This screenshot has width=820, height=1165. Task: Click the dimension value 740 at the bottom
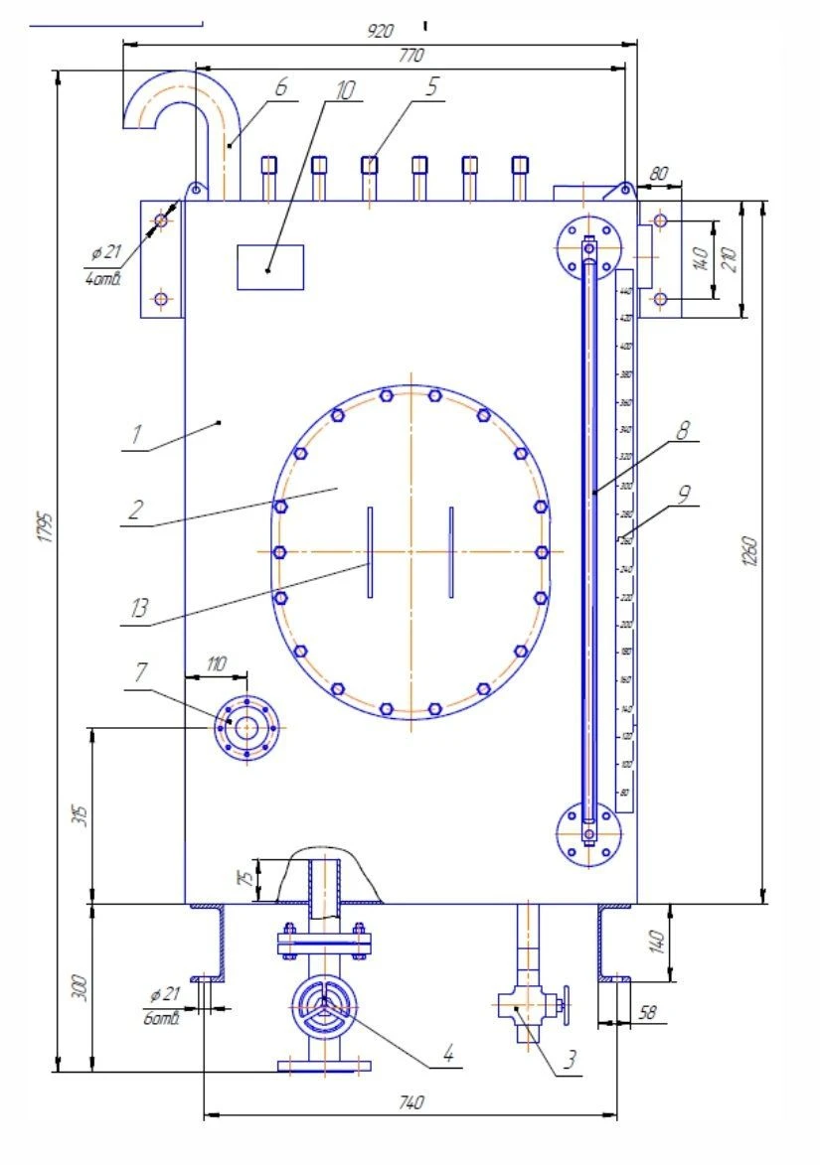410,1102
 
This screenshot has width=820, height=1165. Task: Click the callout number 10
344,90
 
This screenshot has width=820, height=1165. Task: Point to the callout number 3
570,1060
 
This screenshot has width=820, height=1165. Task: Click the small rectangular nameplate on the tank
270,267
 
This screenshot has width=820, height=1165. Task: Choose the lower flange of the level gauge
588,833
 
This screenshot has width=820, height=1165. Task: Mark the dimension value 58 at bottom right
648,1013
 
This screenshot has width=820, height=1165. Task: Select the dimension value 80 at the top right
658,173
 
